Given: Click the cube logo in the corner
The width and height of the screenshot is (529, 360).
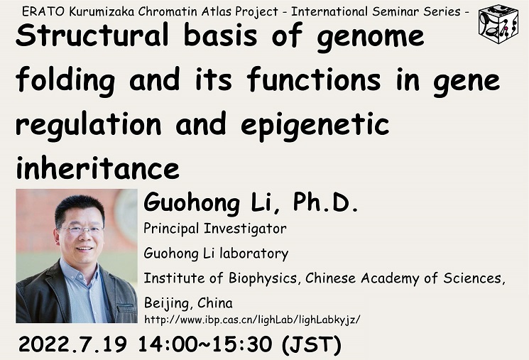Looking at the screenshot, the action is (x=498, y=23).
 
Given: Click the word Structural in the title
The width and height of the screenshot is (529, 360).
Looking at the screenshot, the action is (x=92, y=35).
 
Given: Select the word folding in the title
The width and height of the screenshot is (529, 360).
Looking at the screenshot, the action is (x=65, y=81).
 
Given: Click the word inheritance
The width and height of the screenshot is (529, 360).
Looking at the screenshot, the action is (x=97, y=168).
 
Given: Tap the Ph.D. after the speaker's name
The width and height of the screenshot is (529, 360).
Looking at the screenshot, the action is (x=325, y=202).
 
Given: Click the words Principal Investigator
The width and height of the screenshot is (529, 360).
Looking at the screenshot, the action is (x=215, y=229).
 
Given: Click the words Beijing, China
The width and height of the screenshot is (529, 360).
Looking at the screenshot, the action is (x=188, y=303).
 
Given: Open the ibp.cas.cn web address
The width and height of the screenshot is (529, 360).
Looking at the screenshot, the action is (x=252, y=320).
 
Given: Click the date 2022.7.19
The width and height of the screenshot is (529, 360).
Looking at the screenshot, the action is (x=73, y=344).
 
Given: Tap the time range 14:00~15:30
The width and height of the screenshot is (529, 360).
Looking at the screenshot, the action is (x=205, y=344).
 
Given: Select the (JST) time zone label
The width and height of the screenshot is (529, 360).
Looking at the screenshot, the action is (x=312, y=345).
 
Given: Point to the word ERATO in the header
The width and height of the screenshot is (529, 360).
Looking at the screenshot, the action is (x=43, y=12).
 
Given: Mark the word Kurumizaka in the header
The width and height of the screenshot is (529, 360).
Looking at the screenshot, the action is (x=102, y=12).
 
